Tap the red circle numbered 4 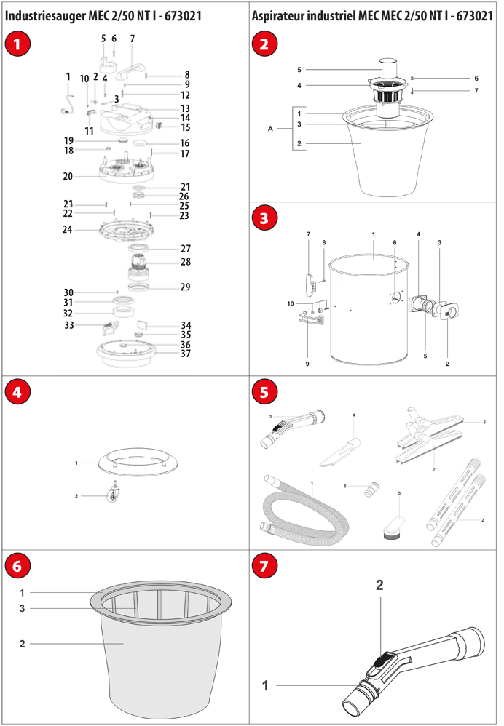[x=17, y=391]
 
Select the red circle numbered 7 [x=264, y=566]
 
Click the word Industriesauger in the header [x=45, y=16]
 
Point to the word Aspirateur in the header [x=277, y=16]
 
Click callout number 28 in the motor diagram [x=186, y=262]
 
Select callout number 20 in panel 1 [x=68, y=176]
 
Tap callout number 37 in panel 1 [x=186, y=354]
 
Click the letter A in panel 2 [x=270, y=129]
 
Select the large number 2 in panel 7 [x=379, y=586]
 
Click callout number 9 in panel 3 [x=307, y=364]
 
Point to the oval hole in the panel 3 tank [x=396, y=298]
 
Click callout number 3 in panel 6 [x=22, y=608]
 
